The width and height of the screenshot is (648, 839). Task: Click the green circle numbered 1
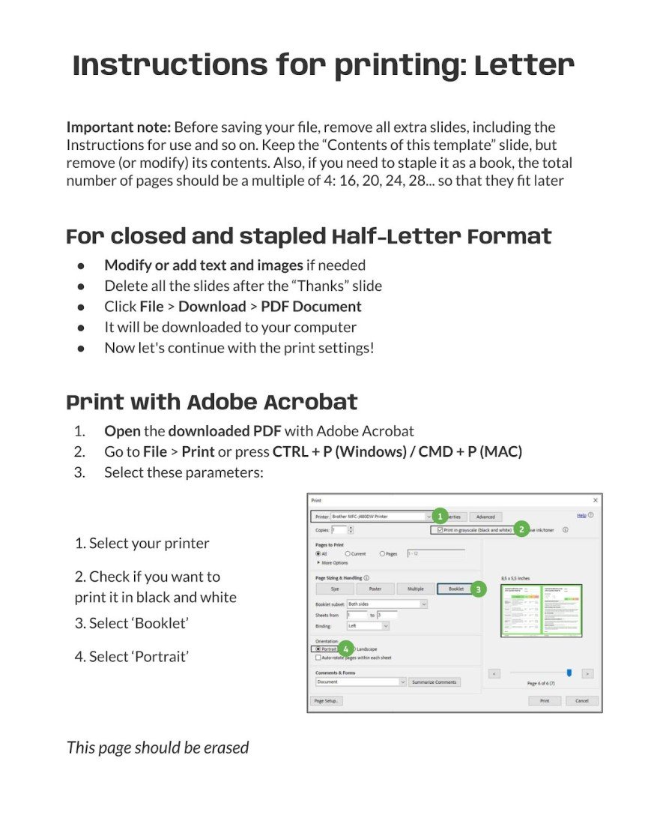[440, 516]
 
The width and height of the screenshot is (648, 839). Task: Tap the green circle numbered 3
[478, 589]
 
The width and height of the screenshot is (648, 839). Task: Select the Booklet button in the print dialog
[456, 589]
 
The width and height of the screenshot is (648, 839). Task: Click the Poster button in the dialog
[375, 589]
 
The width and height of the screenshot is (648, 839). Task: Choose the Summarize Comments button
[434, 682]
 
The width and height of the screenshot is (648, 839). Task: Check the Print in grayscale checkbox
[440, 530]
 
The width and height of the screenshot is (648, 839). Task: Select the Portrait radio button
[318, 649]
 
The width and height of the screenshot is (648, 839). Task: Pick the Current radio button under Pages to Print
[348, 554]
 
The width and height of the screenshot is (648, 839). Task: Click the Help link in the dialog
[581, 516]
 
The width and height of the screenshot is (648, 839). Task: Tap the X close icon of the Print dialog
[596, 499]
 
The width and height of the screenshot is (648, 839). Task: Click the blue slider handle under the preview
[569, 673]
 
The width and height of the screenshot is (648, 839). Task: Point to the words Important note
[119, 127]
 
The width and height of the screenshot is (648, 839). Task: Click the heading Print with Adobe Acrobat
[212, 402]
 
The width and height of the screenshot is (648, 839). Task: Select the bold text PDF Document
[311, 307]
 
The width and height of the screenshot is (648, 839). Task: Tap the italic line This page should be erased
[157, 748]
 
